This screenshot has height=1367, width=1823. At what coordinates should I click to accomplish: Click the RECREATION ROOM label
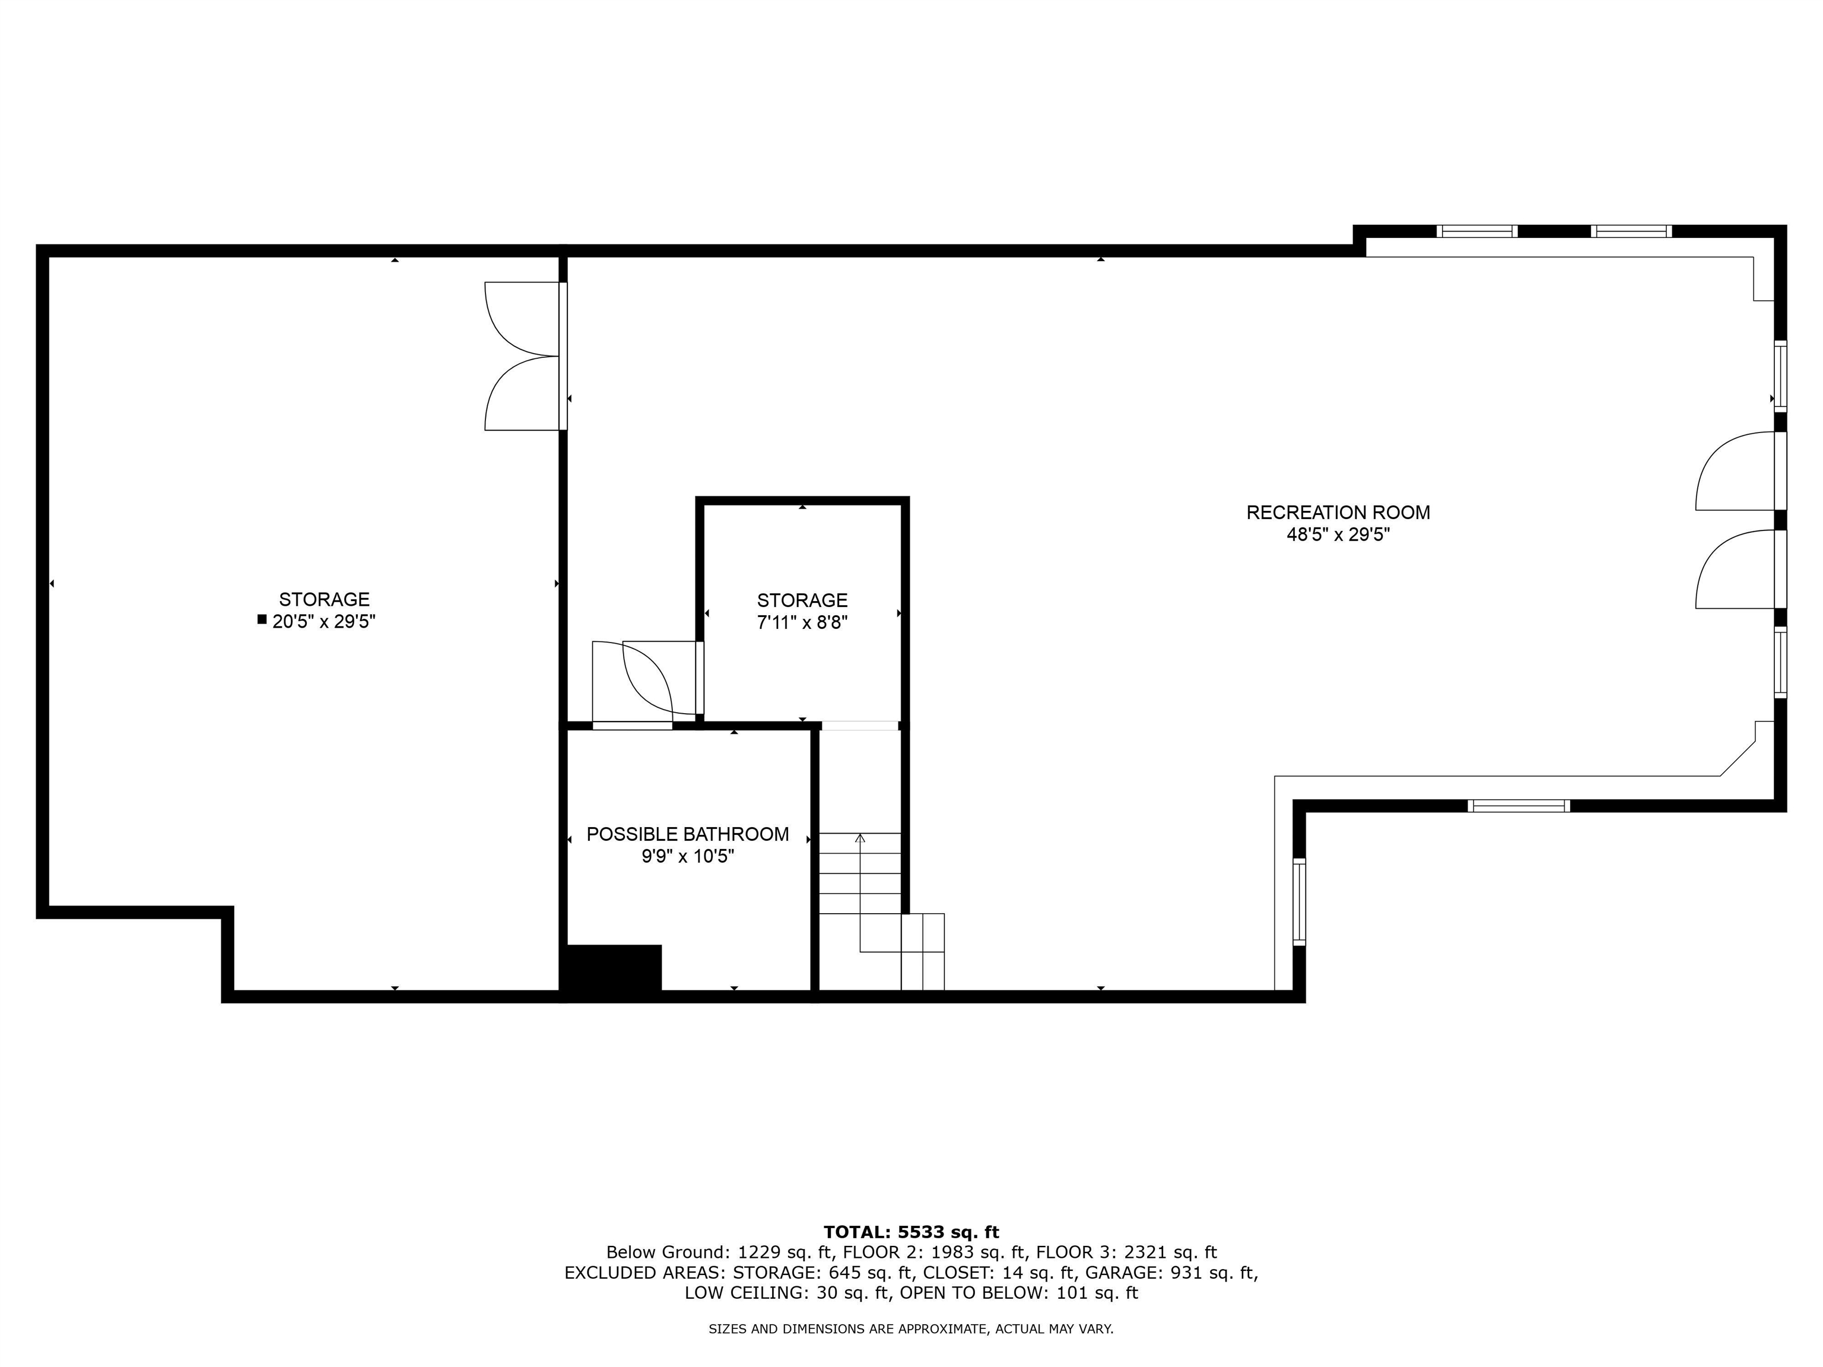[1338, 513]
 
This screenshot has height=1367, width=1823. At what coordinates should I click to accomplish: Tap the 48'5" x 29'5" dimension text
[1338, 535]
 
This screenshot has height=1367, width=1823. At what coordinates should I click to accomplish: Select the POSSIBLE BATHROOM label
[687, 834]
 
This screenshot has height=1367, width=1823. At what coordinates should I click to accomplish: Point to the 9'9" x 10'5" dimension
[687, 856]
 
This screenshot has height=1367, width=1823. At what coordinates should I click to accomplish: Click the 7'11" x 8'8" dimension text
[802, 622]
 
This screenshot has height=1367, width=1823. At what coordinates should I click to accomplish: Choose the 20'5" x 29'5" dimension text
[324, 621]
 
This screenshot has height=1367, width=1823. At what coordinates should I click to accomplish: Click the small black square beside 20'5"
[262, 619]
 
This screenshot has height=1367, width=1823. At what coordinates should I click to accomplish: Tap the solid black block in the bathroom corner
[611, 970]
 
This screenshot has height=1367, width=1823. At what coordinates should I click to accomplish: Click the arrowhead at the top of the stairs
[860, 838]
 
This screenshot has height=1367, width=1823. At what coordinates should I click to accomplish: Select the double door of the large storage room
[522, 357]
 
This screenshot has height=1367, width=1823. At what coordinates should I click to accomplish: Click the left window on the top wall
[1477, 231]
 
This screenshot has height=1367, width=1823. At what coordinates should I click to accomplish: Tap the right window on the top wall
[1631, 231]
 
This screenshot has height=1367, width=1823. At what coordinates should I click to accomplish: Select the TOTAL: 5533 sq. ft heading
[911, 1232]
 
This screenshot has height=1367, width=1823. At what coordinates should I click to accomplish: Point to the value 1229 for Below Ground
[759, 1252]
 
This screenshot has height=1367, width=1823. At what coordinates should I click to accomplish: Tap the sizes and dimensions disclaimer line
[911, 1329]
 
